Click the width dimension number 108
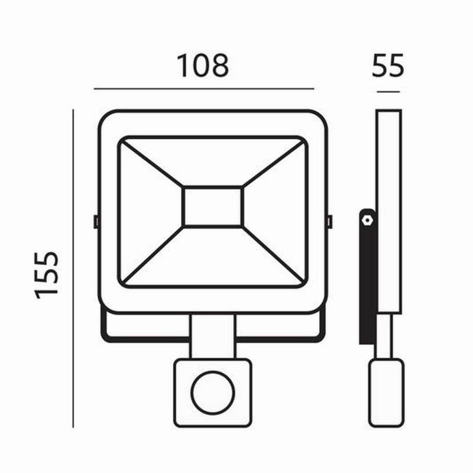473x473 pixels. coord(203,66)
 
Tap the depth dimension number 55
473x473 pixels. coord(388,66)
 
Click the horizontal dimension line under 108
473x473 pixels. coord(204,89)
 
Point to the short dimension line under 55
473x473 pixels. coord(388,92)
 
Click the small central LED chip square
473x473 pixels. coord(213,206)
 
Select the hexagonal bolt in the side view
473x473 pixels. coord(368,219)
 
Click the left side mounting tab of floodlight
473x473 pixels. coord(96,222)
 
